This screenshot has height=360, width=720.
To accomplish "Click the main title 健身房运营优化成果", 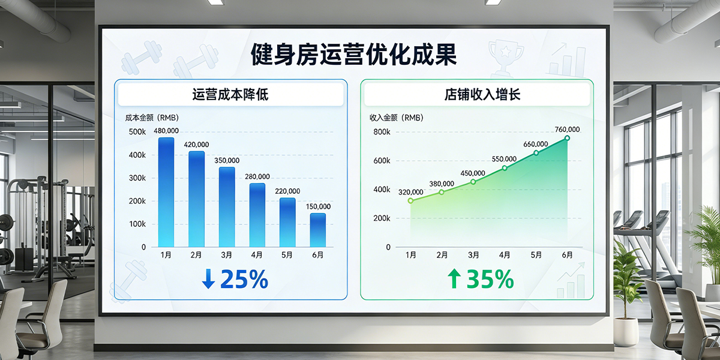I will coord(354,54).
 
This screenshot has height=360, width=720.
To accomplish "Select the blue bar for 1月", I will coord(166,192).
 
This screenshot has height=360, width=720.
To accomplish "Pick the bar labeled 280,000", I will coord(257,215).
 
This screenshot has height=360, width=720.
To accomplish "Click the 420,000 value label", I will coord(197,145).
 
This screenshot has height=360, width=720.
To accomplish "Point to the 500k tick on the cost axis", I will coord(137,132).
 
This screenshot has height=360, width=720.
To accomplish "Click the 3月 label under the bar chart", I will coord(227,255).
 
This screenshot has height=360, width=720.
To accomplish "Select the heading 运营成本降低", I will coord(231,95).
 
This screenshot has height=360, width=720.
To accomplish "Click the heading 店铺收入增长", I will coord(477,95).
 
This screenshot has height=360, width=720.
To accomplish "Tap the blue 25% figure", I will coord(244,280).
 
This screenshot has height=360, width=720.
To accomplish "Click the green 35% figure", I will coord(490,280).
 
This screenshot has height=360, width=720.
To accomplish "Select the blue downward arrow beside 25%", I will coord(208,280).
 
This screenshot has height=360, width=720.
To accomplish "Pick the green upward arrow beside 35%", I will coord(454,280).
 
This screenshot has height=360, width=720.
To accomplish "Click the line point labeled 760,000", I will coord(567,138).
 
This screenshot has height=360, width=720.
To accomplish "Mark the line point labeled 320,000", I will coord(410,200).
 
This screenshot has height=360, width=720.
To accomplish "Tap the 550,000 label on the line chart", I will coord(504,159).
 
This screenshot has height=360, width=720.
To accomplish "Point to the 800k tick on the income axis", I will coord(382,132).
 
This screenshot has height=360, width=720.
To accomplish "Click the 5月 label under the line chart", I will coord(536,255).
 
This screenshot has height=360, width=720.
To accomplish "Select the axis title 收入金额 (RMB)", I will coord(397,118).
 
